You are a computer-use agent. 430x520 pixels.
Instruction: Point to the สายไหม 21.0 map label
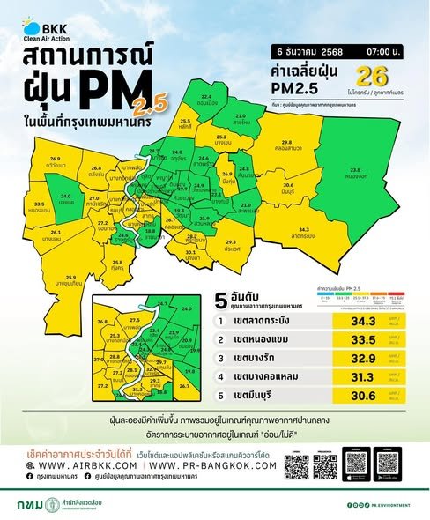(x=240, y=117)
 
